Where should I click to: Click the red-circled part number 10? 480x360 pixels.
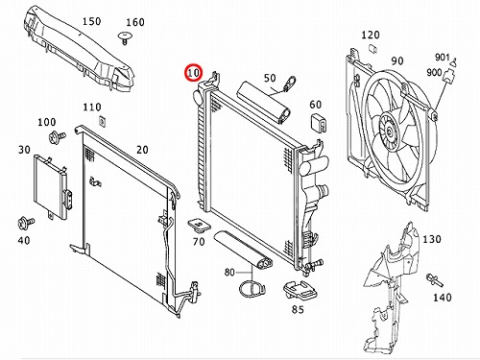click(x=193, y=73)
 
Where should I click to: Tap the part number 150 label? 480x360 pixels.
click(x=92, y=21)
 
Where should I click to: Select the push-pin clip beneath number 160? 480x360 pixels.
click(x=126, y=37)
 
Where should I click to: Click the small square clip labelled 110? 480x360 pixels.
click(x=102, y=121)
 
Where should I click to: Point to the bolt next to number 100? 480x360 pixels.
click(x=57, y=137)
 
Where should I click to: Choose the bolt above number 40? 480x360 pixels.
click(x=26, y=223)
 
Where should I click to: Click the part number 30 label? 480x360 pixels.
click(x=24, y=150)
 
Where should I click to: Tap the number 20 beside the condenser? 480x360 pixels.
click(x=142, y=150)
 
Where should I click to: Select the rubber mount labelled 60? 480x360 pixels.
click(x=319, y=123)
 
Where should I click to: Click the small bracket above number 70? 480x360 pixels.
click(x=199, y=225)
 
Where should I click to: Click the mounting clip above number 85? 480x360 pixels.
click(x=300, y=291)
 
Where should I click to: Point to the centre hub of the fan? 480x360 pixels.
click(x=389, y=131)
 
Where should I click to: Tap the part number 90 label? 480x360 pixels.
click(x=397, y=60)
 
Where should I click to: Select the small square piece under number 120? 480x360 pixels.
click(x=372, y=49)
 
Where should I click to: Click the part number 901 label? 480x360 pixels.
click(x=442, y=57)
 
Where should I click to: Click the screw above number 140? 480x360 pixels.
click(x=435, y=279)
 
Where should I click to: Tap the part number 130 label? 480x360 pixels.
click(x=432, y=239)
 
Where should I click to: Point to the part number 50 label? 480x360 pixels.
click(x=270, y=78)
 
